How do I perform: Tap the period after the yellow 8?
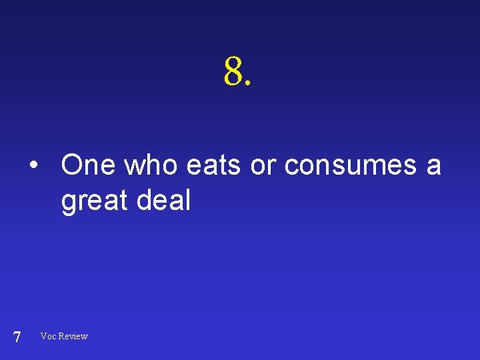[x=249, y=85]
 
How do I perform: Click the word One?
[x=88, y=165]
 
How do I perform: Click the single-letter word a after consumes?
[x=434, y=167]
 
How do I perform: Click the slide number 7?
[x=17, y=337]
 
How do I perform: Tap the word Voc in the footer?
[x=48, y=336]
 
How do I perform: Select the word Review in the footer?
[x=73, y=336]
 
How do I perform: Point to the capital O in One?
[x=71, y=165]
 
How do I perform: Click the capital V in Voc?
[x=44, y=336]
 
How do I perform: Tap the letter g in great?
[x=68, y=203]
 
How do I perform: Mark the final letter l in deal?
[x=188, y=199]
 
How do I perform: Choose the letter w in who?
[x=135, y=167]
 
